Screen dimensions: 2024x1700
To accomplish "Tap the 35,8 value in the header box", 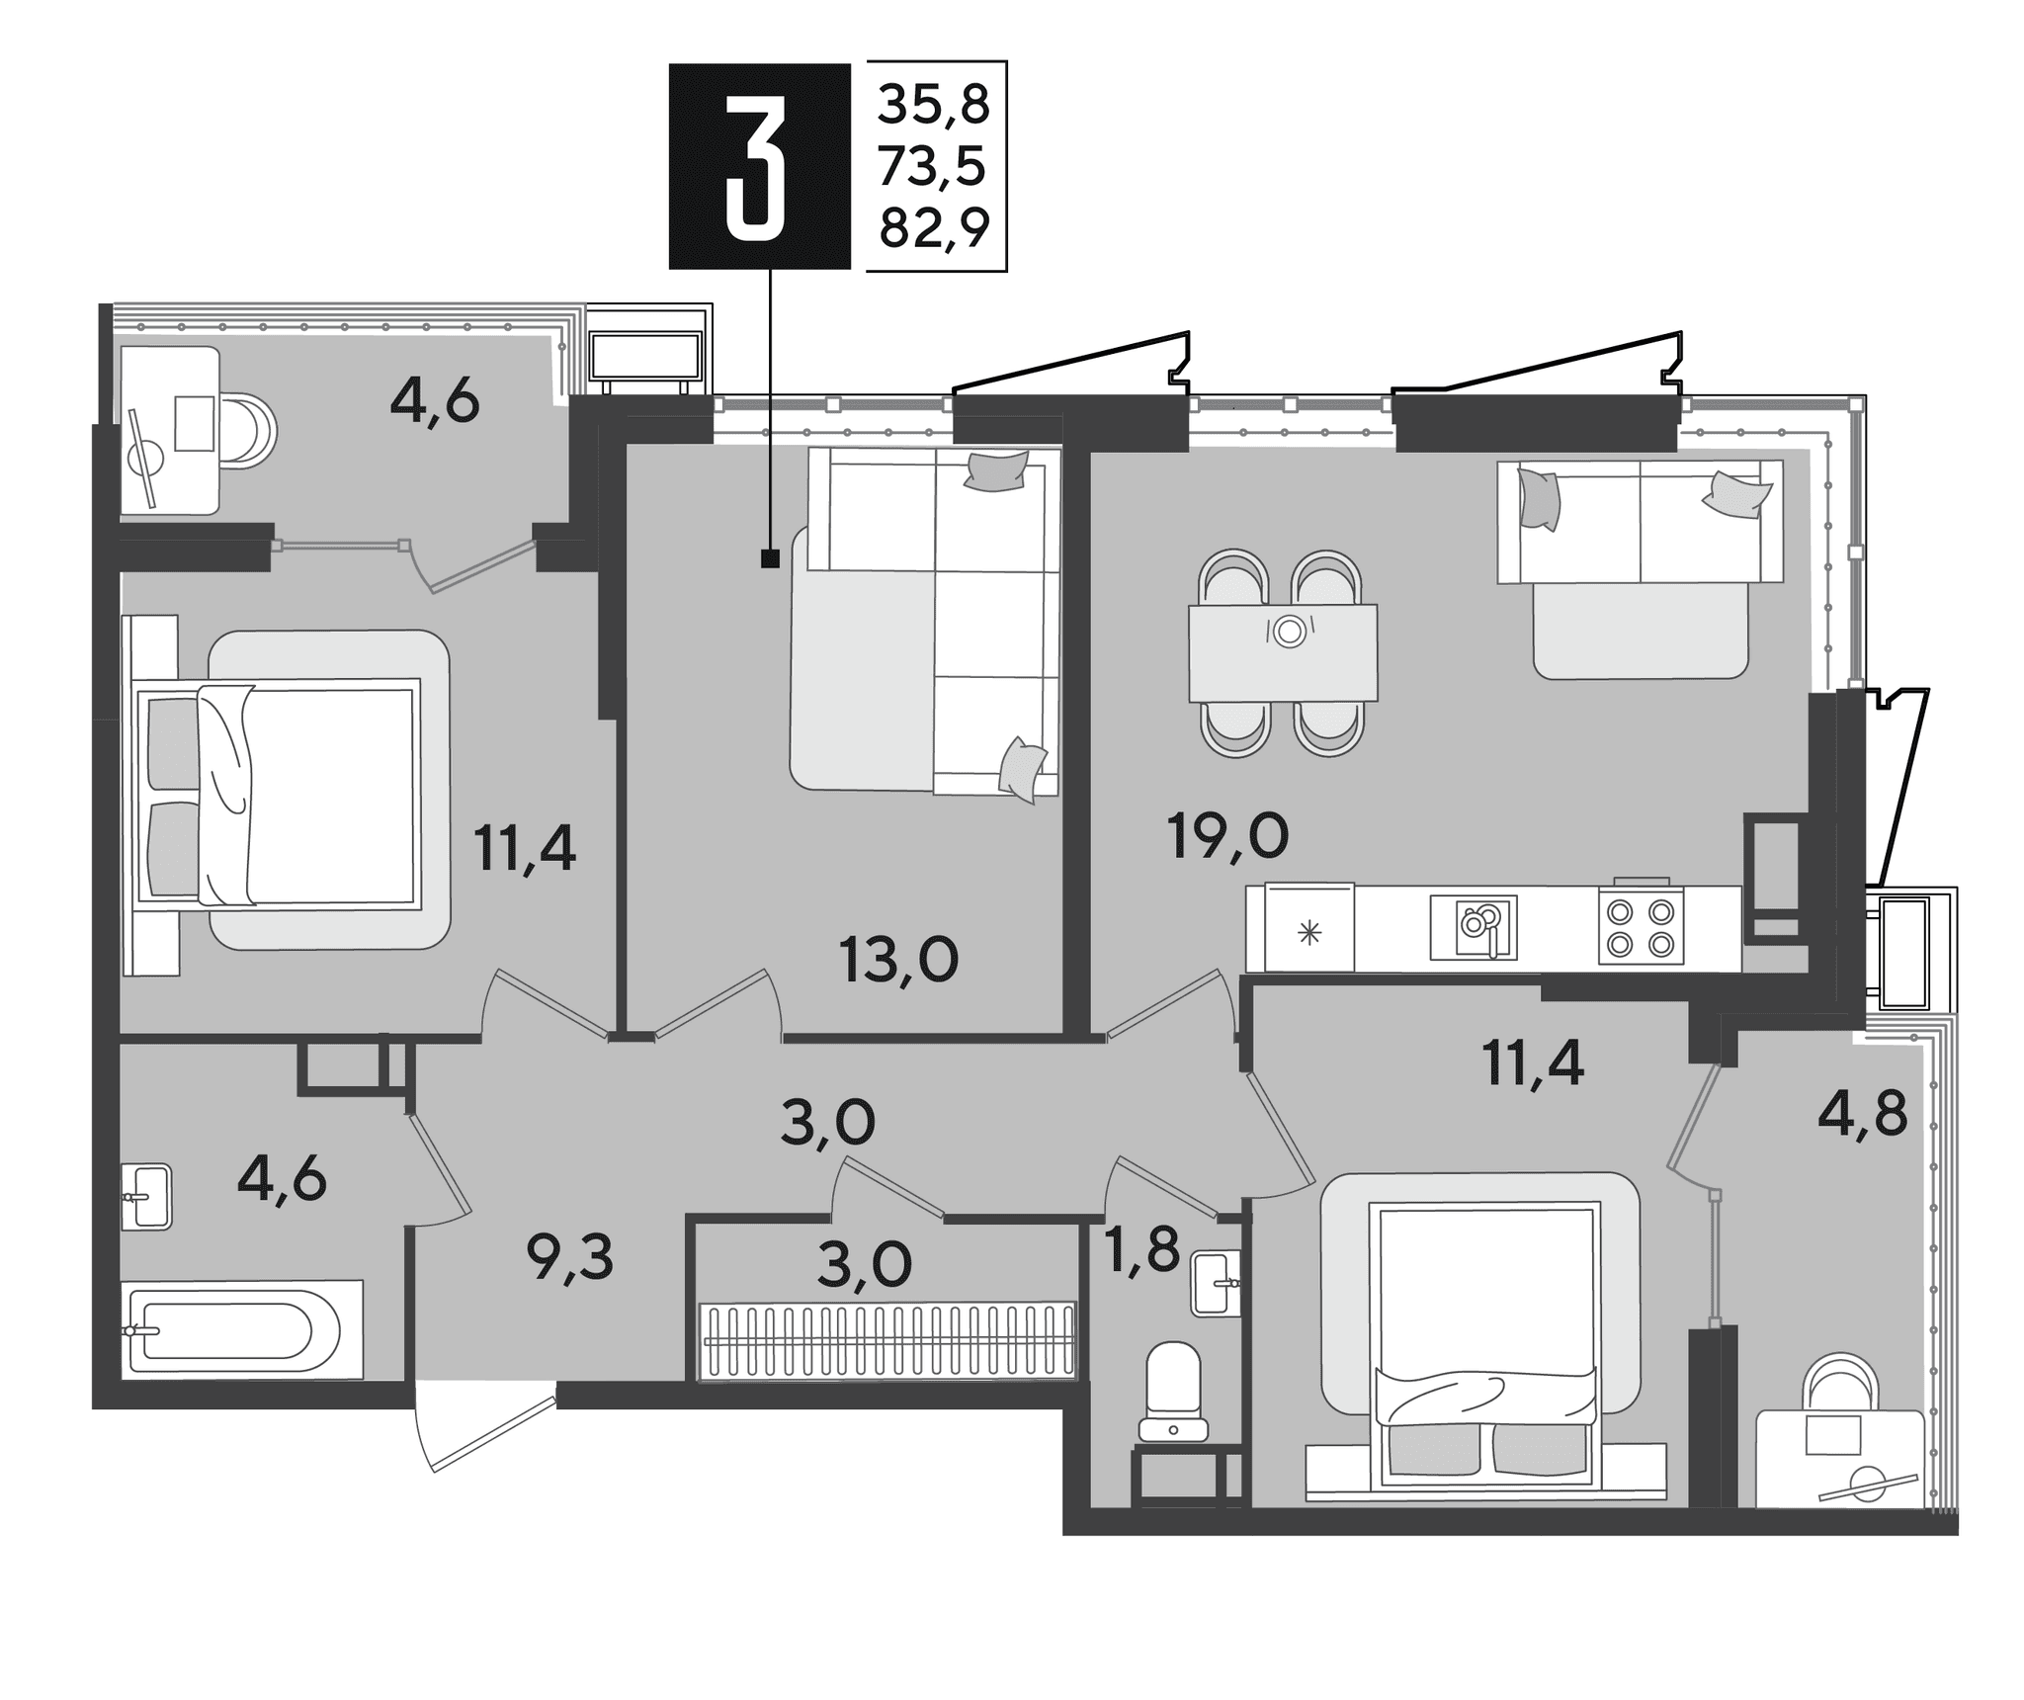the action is (x=934, y=105).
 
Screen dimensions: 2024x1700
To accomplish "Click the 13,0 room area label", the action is (x=899, y=959).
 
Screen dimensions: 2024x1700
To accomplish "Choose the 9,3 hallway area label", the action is (x=570, y=1258).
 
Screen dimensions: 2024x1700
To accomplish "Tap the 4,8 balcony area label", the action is (x=1862, y=1114).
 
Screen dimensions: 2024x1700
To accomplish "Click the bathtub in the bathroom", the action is (x=242, y=1329).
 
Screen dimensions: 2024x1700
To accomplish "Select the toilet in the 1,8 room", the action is (x=1173, y=1391).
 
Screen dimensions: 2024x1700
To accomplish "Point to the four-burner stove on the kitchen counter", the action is (x=1641, y=926).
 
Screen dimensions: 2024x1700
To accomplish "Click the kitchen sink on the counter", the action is (x=1474, y=927).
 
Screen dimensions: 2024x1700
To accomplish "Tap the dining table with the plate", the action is (x=1283, y=653).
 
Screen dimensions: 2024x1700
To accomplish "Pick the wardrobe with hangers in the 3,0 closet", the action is (x=886, y=1340).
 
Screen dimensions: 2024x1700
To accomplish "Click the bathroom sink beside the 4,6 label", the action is (x=146, y=1196).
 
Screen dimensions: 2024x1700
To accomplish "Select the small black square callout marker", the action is (x=770, y=559).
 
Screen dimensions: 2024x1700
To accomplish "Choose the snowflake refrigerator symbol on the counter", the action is (x=1309, y=932).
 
